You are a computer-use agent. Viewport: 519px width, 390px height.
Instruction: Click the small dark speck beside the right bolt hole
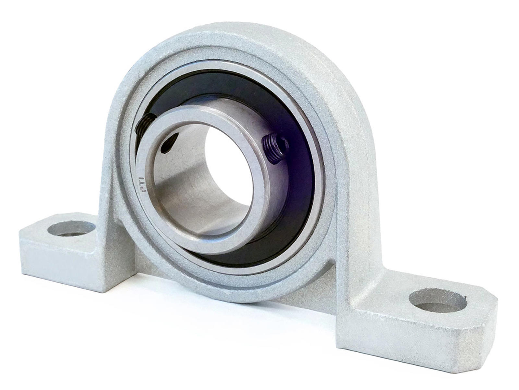pos(466,296)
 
